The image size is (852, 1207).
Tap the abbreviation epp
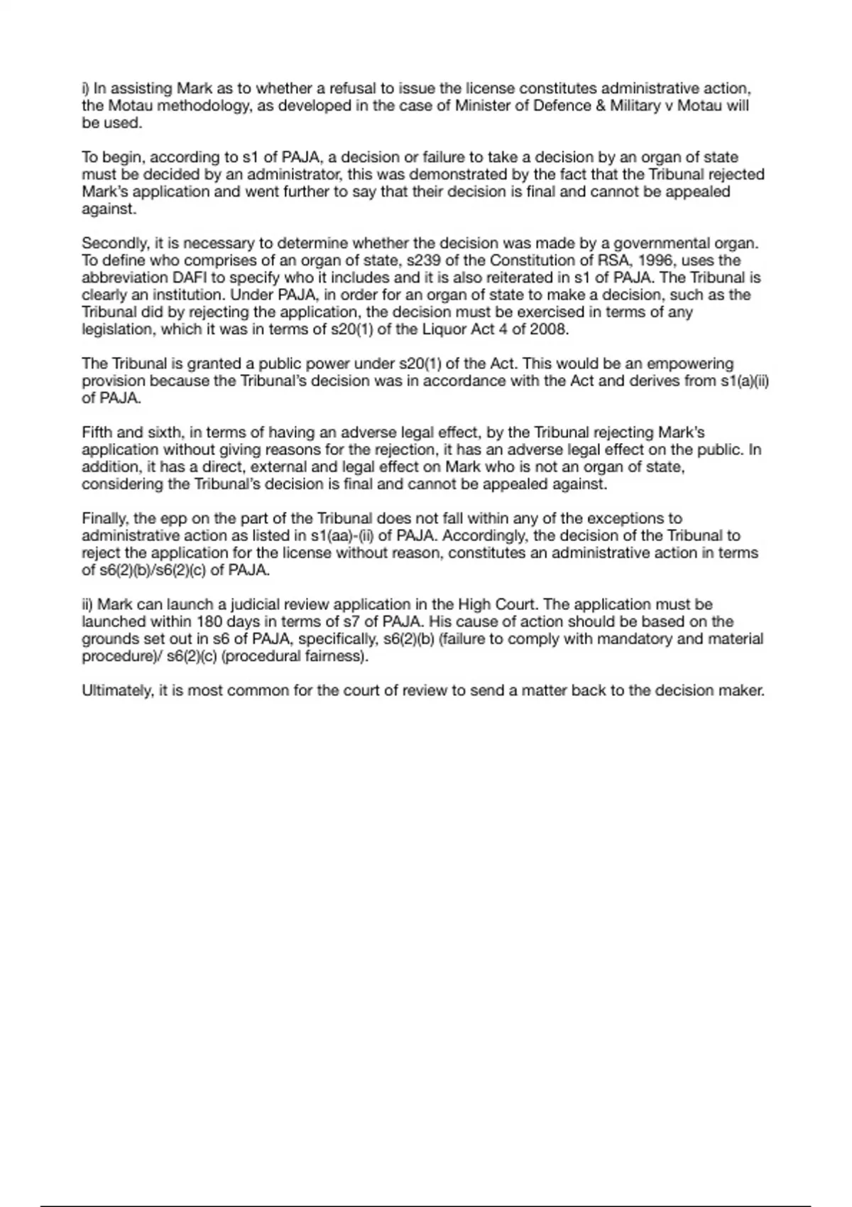pyautogui.click(x=173, y=518)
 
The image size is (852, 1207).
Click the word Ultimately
pyautogui.click(x=116, y=691)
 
